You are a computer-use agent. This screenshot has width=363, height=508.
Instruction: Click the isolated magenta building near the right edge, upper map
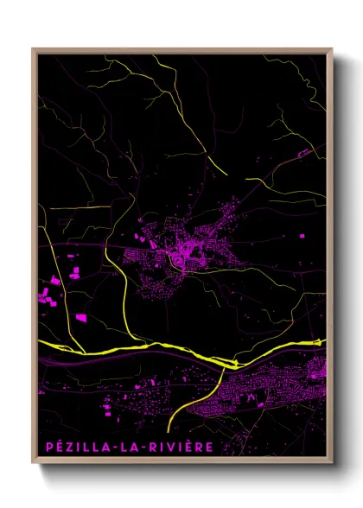click(303, 153)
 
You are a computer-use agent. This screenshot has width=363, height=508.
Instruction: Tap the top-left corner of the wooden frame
click(34, 49)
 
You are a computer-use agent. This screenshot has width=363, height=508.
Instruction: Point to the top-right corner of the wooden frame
click(332, 49)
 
